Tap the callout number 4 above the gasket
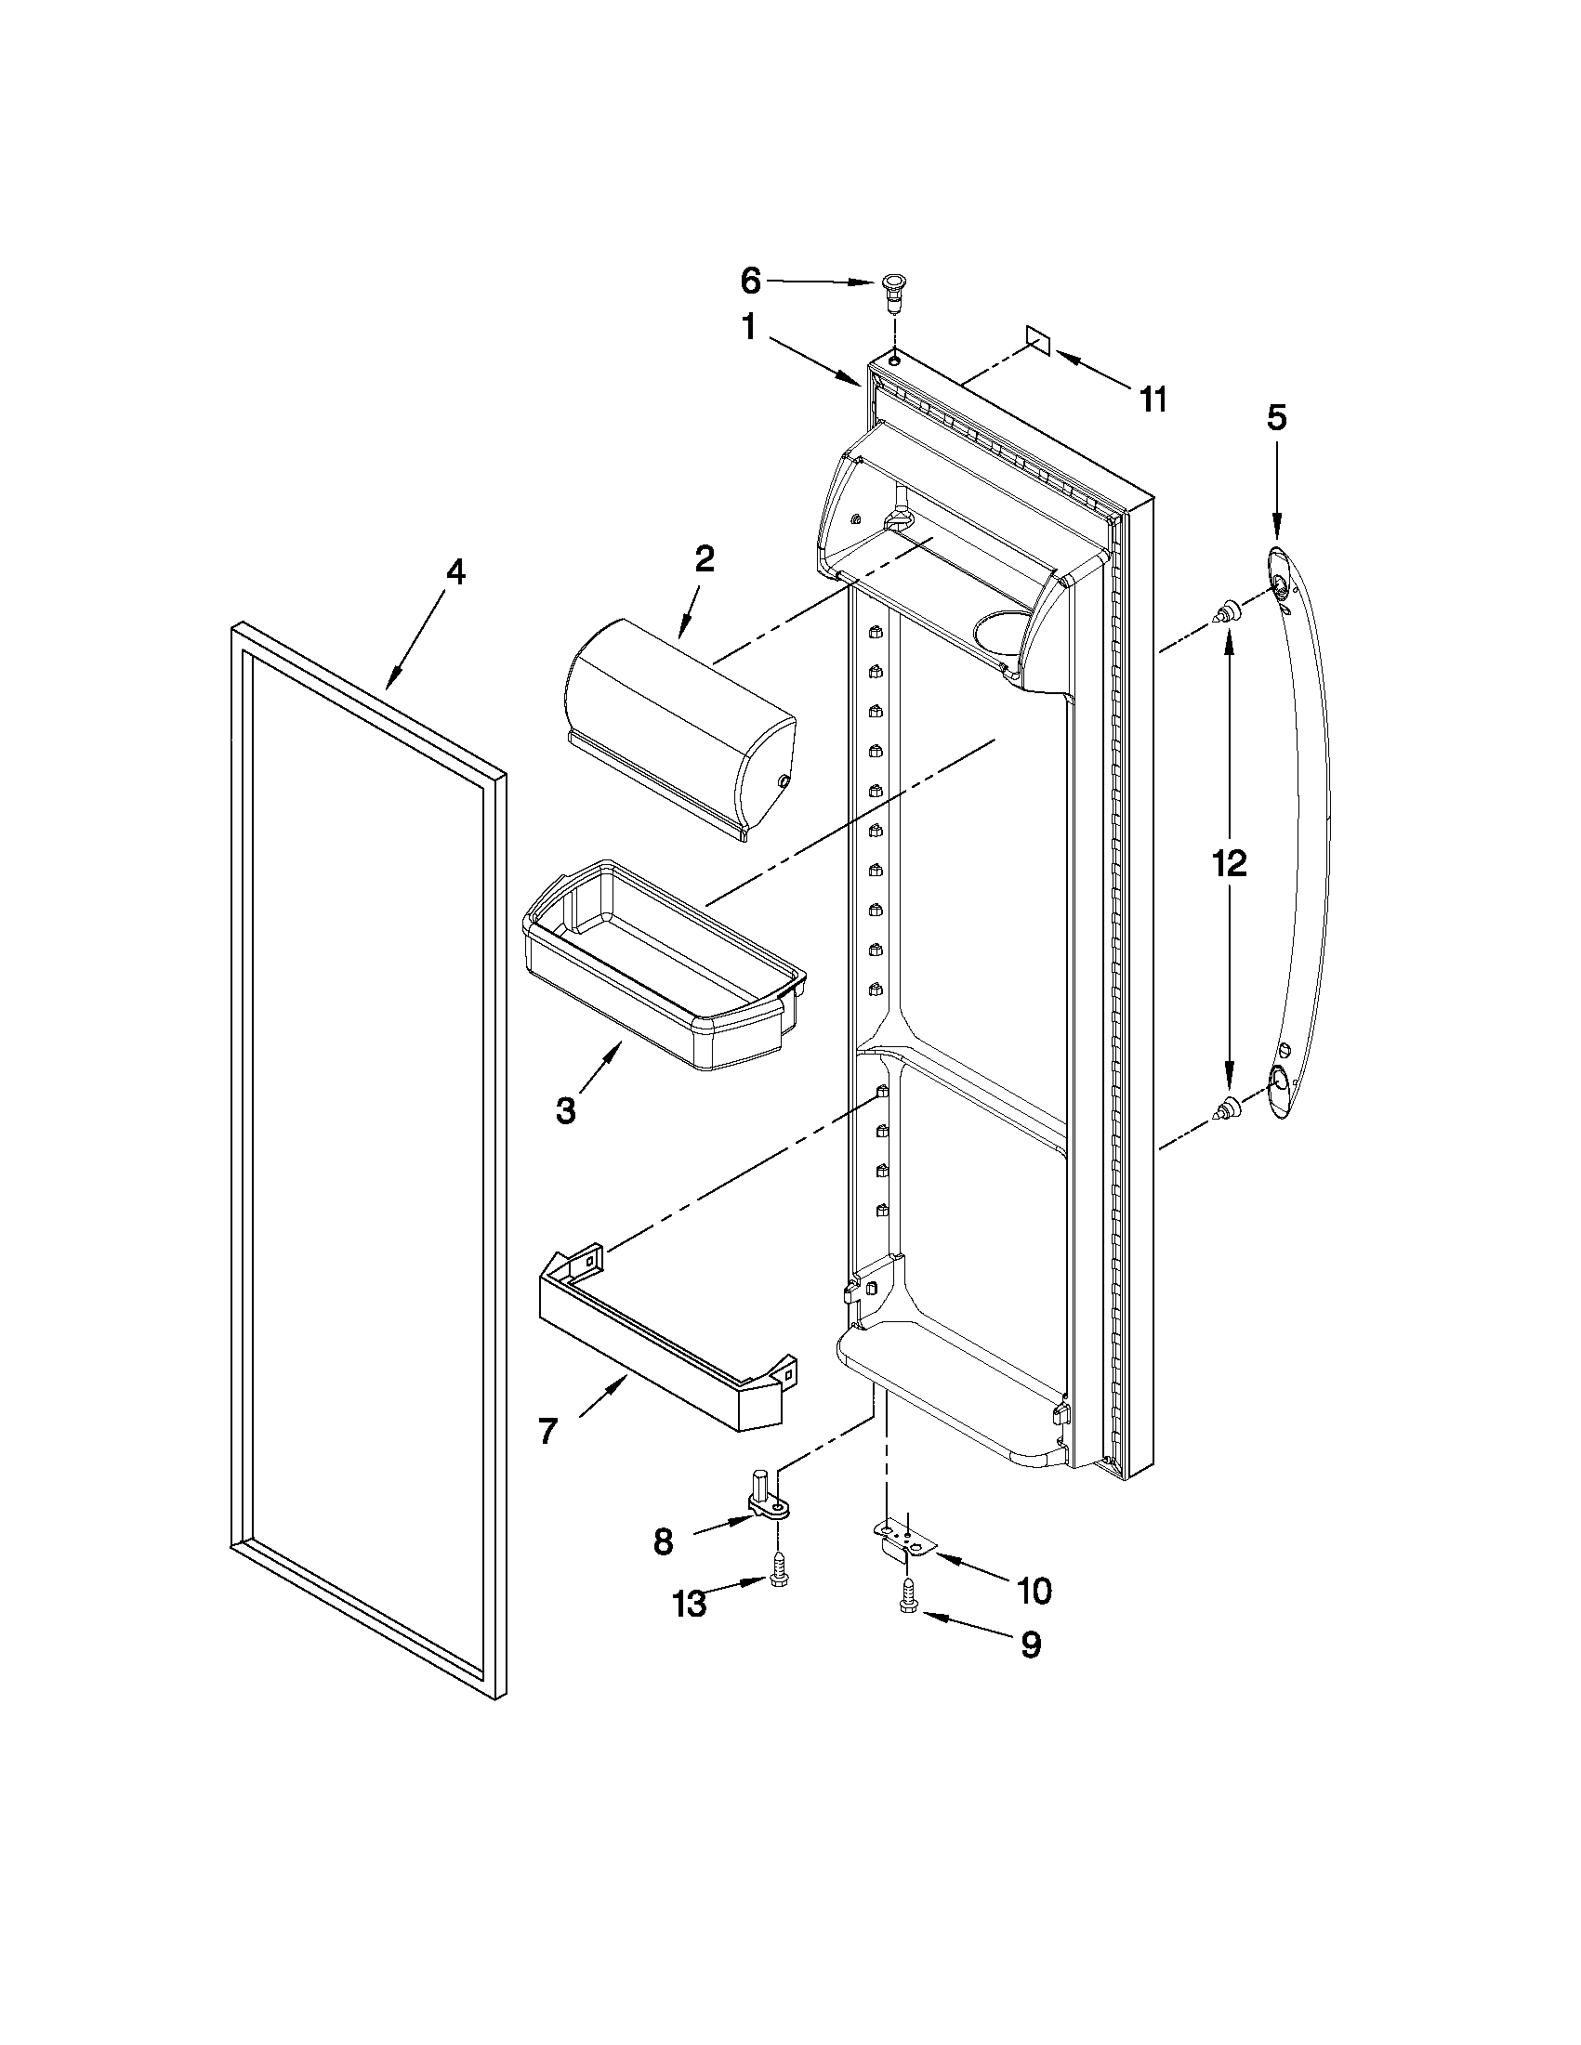pyautogui.click(x=455, y=572)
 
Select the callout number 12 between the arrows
pyautogui.click(x=1229, y=862)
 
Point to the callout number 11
pyautogui.click(x=1153, y=400)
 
